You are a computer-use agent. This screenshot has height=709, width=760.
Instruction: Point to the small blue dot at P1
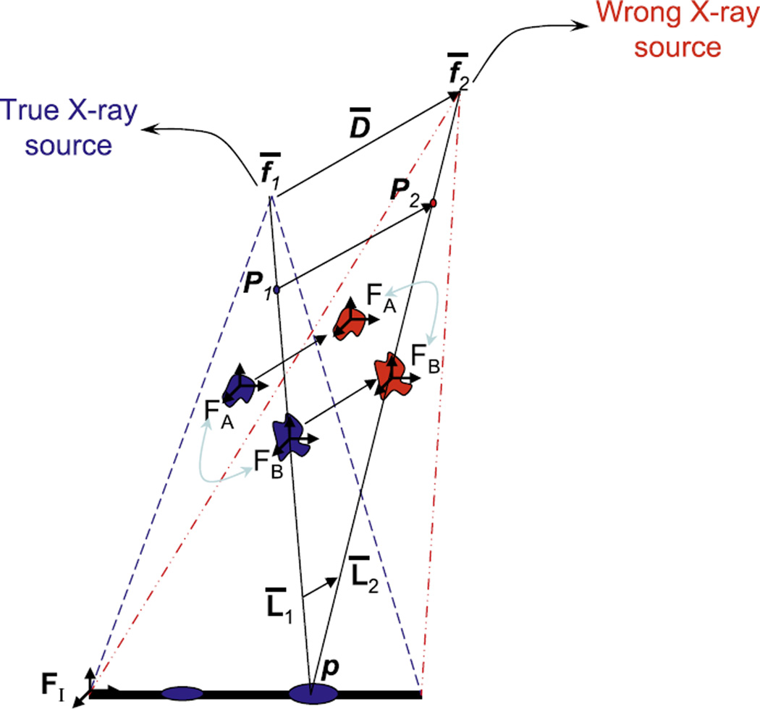pyautogui.click(x=276, y=289)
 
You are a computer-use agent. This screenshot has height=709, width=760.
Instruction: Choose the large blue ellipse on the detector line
pyautogui.click(x=310, y=694)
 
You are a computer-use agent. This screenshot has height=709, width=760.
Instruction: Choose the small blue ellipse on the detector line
pyautogui.click(x=182, y=694)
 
